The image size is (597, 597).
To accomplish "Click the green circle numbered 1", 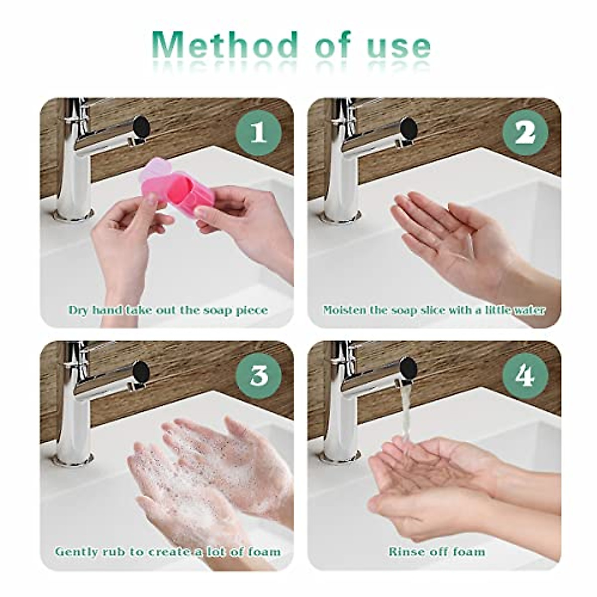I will coord(259,133).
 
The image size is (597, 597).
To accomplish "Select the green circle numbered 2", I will coord(525,133).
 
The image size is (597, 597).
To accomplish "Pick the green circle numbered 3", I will coord(259,376).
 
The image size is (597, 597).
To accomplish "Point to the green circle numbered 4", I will coord(525,376).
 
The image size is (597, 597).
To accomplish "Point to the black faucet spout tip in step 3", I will coord(142,370).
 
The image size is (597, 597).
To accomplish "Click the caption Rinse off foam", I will coord(436,552).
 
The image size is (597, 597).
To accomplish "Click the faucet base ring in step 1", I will coord(75,215).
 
